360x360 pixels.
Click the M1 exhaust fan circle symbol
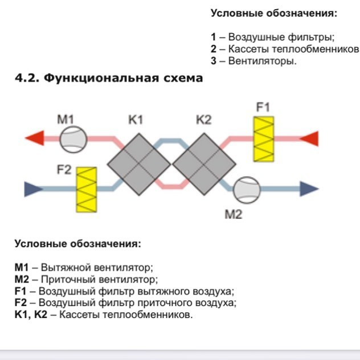tap(73, 138)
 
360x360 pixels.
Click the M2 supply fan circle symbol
tap(246, 188)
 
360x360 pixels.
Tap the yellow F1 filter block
tap(264, 138)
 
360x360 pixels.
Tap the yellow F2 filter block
tap(86, 189)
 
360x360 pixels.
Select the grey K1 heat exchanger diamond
tap(139, 164)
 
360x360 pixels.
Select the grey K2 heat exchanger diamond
tap(204, 164)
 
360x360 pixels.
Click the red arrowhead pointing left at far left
tap(35, 138)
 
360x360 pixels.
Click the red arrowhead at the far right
tap(309, 138)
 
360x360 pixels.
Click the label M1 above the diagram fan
tap(66, 120)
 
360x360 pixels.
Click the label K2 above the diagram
tap(203, 120)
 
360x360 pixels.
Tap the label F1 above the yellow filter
tap(263, 107)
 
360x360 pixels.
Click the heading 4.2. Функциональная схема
tap(109, 78)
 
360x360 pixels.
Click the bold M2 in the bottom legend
tap(22, 280)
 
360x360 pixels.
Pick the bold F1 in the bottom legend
tap(20, 291)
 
